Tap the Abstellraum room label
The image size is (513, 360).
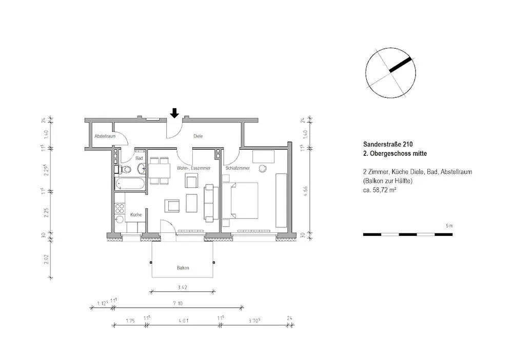click(105, 136)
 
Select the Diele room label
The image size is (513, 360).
click(198, 136)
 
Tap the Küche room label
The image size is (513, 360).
click(136, 215)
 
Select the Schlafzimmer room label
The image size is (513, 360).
click(236, 168)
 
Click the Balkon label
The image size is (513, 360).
click(183, 268)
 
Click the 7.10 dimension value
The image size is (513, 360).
click(177, 304)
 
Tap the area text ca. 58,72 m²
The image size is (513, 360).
click(381, 190)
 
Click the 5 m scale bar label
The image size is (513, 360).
click(449, 226)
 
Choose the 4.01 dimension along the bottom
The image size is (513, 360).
click(183, 321)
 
